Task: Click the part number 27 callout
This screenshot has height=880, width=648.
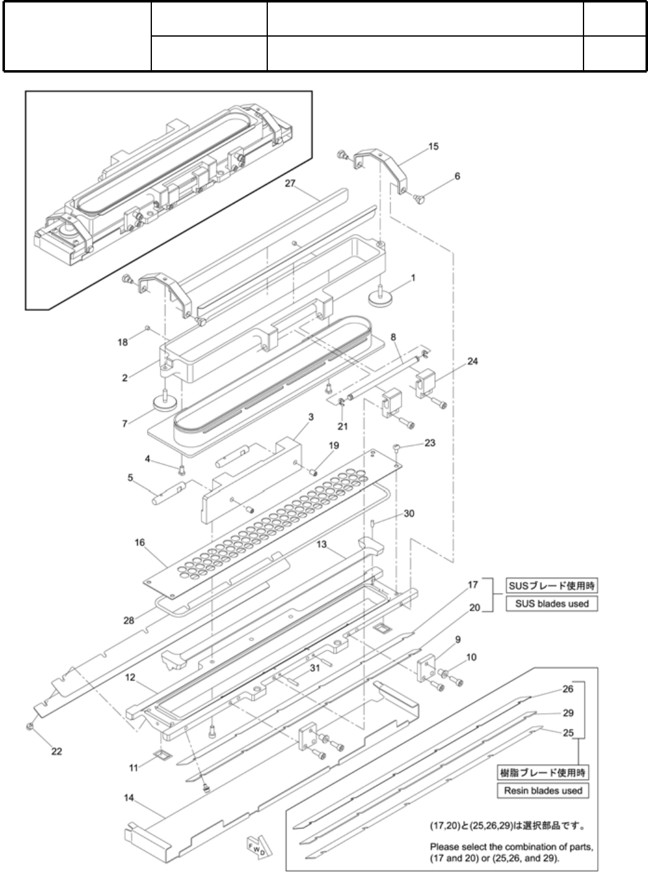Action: pyautogui.click(x=290, y=184)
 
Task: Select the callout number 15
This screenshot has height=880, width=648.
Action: pyautogui.click(x=433, y=146)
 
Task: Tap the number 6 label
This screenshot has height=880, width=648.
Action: pyautogui.click(x=457, y=176)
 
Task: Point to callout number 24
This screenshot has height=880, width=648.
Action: pyautogui.click(x=473, y=361)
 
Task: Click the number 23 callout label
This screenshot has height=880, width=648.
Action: pyautogui.click(x=430, y=443)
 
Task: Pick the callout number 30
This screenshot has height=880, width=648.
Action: pyautogui.click(x=409, y=514)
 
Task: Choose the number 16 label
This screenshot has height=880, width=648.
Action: pyautogui.click(x=140, y=542)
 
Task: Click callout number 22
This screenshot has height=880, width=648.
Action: pyautogui.click(x=57, y=752)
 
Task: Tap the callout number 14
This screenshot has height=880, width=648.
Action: pyautogui.click(x=129, y=797)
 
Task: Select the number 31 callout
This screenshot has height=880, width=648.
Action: pyautogui.click(x=315, y=668)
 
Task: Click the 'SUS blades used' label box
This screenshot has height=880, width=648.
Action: pyautogui.click(x=552, y=603)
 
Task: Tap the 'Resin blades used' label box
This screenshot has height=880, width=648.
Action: pyautogui.click(x=543, y=791)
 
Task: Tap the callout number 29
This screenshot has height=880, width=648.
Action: pyautogui.click(x=568, y=713)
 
